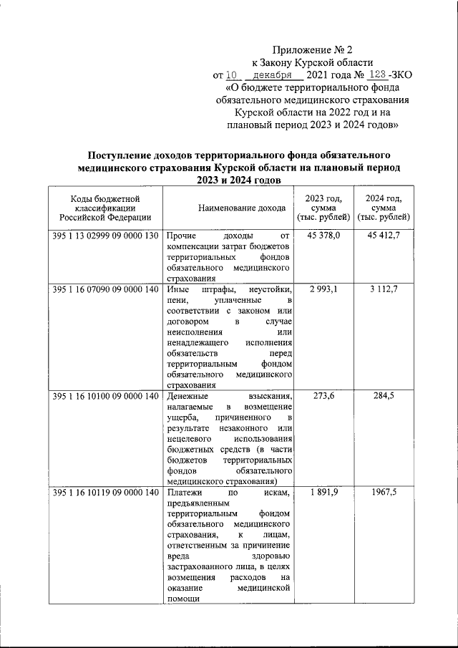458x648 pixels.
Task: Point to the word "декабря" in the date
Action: click(x=271, y=74)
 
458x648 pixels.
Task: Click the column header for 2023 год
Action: click(x=323, y=208)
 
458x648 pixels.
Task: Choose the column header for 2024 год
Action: click(x=384, y=208)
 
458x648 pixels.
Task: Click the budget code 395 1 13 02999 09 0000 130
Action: click(x=104, y=236)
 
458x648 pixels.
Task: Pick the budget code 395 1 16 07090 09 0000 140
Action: click(x=104, y=289)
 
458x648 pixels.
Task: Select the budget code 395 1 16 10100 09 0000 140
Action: click(x=104, y=397)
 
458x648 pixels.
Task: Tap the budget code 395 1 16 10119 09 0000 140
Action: click(x=104, y=493)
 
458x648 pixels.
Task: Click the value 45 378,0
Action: click(x=324, y=236)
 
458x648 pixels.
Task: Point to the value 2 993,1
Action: click(x=324, y=289)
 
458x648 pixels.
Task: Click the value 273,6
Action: click(x=324, y=397)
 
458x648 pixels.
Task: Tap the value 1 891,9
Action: click(x=324, y=493)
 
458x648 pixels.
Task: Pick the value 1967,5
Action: click(x=389, y=493)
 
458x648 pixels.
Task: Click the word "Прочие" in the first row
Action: click(x=180, y=236)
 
